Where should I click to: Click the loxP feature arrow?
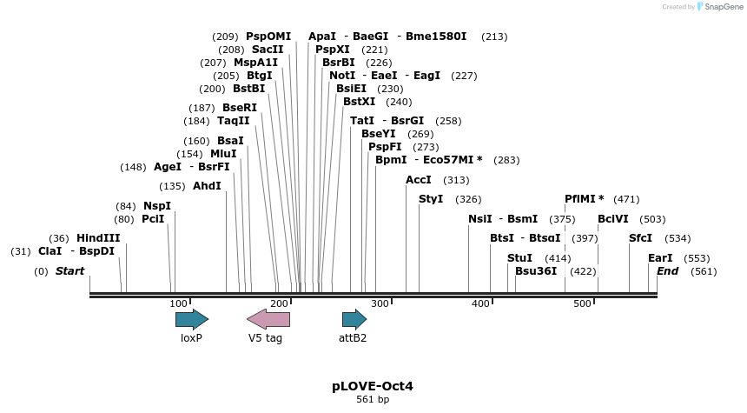pos(191,319)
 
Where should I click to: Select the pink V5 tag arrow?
pos(268,319)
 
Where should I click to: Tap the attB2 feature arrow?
pos(354,319)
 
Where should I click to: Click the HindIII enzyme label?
pos(98,238)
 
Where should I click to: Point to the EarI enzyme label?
pos(660,258)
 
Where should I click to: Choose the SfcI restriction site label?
pos(641,238)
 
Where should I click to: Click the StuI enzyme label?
pos(519,258)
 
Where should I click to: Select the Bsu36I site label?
pos(536,271)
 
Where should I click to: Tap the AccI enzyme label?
pos(419,180)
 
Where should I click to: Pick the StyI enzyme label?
pos(431,199)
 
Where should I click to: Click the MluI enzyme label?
pos(223,153)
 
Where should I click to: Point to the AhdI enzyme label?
pos(207,186)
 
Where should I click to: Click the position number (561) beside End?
pos(704,271)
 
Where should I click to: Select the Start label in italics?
pos(69,271)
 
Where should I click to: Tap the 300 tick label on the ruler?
pos(380,303)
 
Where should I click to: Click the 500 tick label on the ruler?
pos(582,303)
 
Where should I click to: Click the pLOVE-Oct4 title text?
pos(373,385)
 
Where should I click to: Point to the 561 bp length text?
pos(373,400)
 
